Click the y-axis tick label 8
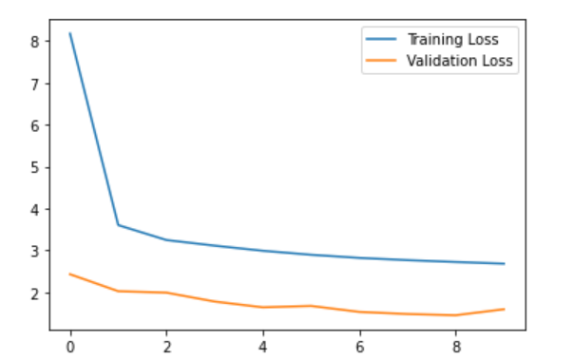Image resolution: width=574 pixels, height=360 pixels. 32,42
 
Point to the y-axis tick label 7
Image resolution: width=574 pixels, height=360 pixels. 32,84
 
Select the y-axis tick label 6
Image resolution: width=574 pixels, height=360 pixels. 32,125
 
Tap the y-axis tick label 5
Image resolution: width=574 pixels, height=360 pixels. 32,167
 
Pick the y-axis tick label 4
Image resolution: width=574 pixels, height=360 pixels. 32,209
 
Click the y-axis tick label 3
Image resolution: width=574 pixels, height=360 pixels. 32,251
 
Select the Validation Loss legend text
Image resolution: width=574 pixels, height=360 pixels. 460,61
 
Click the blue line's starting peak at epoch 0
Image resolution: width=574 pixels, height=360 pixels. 70,33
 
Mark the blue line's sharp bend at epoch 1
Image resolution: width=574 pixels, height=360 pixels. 118,225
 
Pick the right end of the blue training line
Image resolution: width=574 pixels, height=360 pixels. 504,264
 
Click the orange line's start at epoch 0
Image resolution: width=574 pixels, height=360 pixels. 70,274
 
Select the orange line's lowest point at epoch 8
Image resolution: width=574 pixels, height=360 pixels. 455,315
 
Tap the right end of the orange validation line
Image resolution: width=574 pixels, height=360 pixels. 504,309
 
